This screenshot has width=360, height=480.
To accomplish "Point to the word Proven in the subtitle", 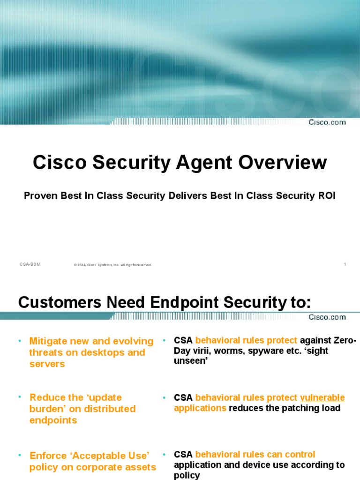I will (41, 195).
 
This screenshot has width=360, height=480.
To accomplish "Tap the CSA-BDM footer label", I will (30, 264).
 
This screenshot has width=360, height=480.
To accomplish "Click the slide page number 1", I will (345, 264).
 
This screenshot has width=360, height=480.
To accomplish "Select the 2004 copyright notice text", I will (113, 265).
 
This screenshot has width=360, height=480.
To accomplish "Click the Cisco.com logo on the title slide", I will (327, 122).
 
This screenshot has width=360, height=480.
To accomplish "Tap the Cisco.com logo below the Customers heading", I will (327, 317).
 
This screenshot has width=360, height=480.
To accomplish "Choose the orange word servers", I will (47, 364).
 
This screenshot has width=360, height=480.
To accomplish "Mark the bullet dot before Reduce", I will (21, 397).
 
